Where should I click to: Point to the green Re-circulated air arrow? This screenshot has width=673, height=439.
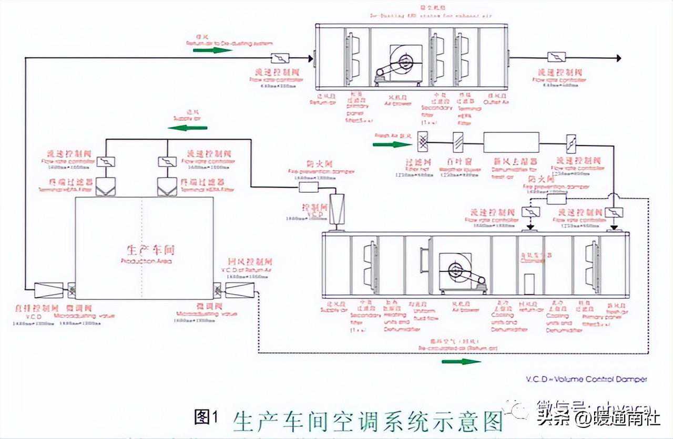(x=461, y=361)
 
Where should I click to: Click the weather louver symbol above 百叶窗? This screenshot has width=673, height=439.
(x=457, y=141)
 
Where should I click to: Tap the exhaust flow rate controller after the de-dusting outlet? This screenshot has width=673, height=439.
(x=556, y=57)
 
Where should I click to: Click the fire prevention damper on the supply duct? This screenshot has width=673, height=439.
(x=309, y=187)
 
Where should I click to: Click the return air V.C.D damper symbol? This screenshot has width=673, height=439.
(x=239, y=290)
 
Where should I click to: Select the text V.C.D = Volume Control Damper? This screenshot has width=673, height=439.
(x=586, y=379)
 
